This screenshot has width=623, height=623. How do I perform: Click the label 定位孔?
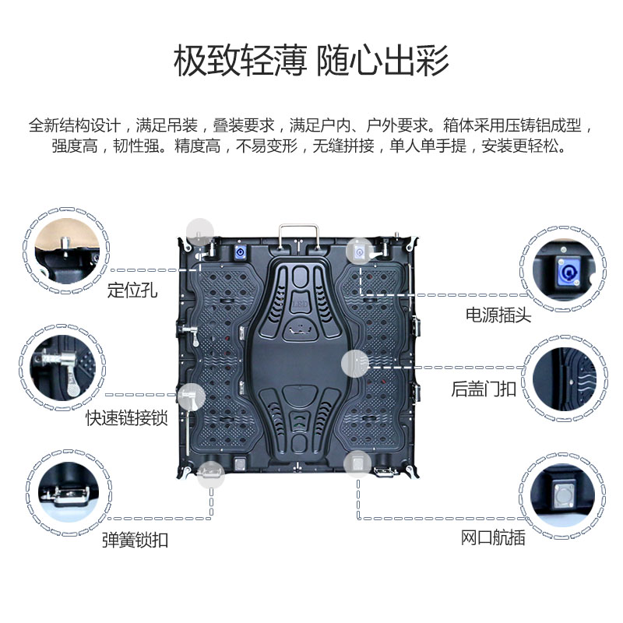coord(132,290)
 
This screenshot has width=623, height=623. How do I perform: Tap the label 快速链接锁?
coord(127,418)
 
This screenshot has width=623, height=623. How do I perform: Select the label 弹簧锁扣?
coord(135,540)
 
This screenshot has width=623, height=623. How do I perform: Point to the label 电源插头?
coord(498,315)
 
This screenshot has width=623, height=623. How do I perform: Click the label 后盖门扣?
coord(484,389)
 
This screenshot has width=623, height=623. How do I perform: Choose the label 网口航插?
coord(493,537)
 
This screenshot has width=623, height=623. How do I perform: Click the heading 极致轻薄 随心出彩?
coord(311,61)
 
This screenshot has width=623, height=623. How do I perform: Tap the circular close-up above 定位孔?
coord(67,250)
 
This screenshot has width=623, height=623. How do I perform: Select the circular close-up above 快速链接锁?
coord(62,368)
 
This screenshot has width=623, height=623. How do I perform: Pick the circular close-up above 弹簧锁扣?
coord(69,493)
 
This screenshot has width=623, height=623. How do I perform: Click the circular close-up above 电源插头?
coord(563,269)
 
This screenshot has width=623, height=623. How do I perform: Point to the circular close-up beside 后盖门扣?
coord(564,378)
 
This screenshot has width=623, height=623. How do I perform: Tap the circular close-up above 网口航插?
coord(562,495)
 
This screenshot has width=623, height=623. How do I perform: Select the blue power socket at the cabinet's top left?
coord(240,252)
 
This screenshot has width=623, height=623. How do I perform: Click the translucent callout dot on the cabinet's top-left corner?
coord(200,232)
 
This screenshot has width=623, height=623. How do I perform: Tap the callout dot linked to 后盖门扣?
coord(355,364)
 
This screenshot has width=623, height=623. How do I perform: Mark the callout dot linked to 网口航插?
coord(357,464)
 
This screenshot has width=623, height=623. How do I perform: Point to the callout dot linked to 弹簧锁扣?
coord(211,474)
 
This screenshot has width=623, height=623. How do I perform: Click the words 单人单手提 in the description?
coord(428,146)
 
